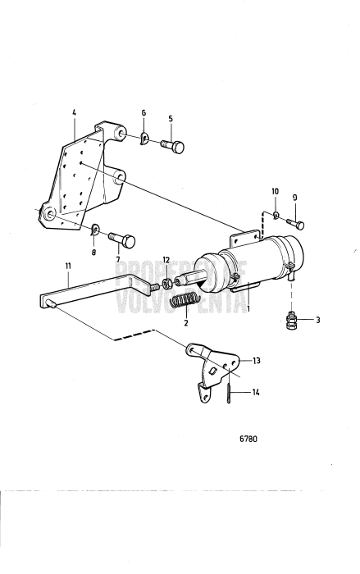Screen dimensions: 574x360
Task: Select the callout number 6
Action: tap(144, 114)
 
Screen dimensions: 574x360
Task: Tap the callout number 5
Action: tap(170, 118)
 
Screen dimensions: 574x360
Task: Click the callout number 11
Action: tap(69, 265)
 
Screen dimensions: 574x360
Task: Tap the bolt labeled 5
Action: tap(173, 147)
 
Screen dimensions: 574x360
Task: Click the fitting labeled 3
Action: tap(291, 319)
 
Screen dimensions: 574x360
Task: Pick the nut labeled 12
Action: tap(166, 285)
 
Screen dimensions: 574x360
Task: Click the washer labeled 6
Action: tap(144, 138)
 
